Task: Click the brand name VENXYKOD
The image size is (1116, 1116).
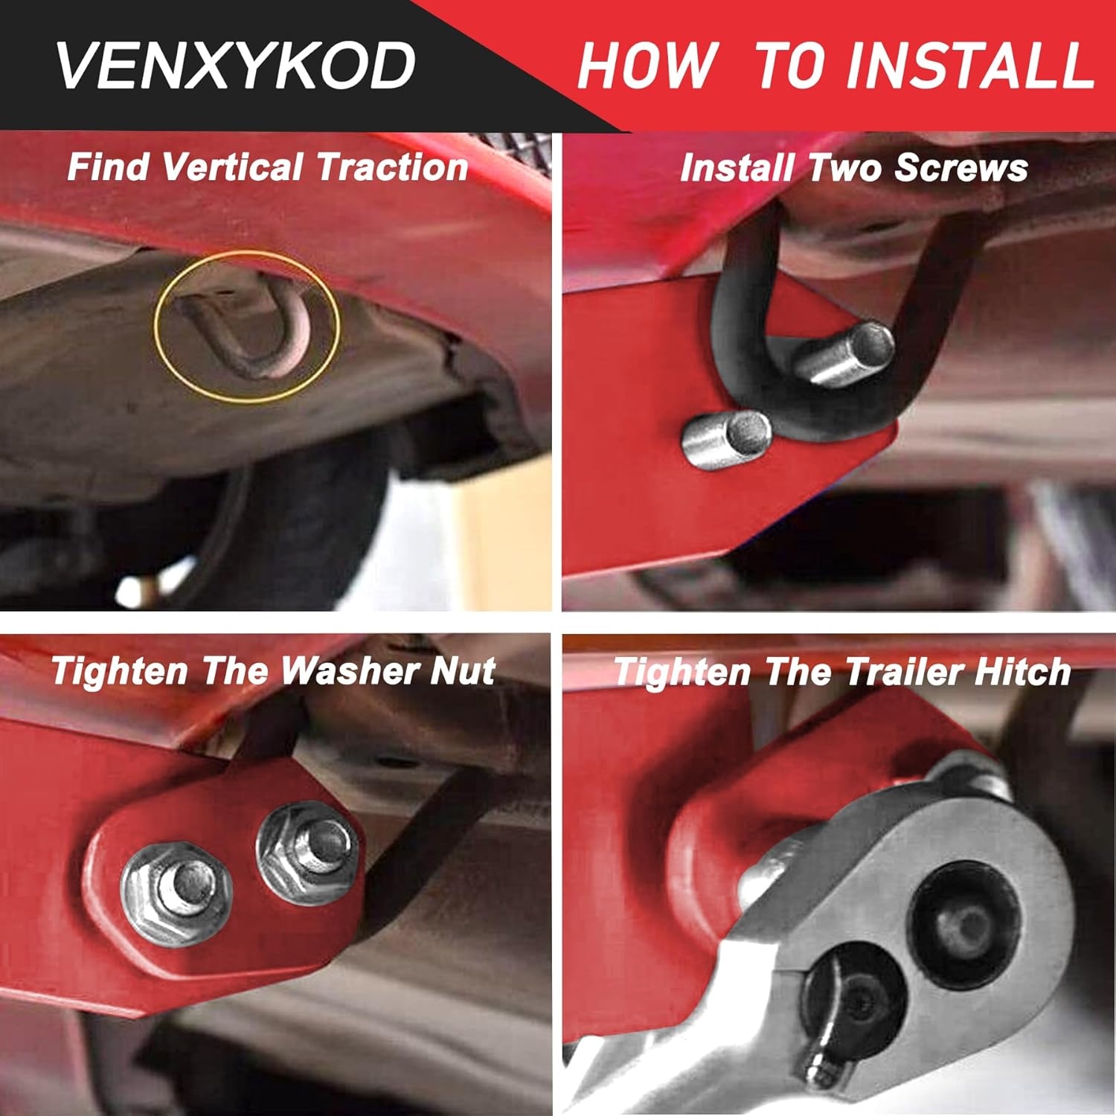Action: point(235,65)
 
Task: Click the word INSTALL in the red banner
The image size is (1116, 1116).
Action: point(971,65)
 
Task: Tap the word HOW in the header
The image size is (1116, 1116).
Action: point(648,65)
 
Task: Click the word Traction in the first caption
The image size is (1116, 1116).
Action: point(392,167)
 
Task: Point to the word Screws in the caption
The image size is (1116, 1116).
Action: point(961,167)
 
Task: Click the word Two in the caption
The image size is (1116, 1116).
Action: point(847,167)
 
